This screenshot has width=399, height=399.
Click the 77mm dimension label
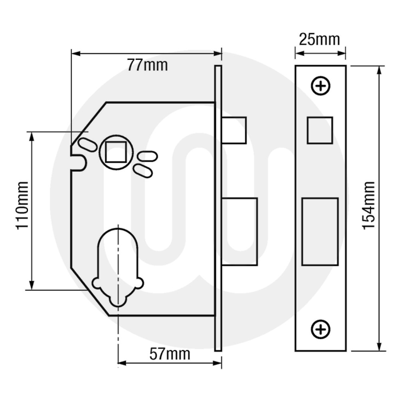coord(147,65)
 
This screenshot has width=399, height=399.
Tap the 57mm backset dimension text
coord(170,353)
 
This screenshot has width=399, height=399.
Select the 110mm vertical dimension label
coord(22,205)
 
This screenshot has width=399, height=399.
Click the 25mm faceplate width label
coord(320,40)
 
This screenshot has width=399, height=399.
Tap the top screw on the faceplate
coord(320,86)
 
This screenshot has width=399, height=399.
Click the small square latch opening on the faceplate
coord(320,130)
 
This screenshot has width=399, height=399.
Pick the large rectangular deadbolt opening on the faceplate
coord(320,231)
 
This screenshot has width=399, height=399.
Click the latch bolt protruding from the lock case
coord(234,130)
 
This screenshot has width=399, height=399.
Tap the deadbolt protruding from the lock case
coord(239,231)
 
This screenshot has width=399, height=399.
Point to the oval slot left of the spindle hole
coord(87,144)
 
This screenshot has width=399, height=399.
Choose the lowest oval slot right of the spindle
coord(142,171)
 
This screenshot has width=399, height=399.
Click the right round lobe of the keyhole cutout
coord(139,283)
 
